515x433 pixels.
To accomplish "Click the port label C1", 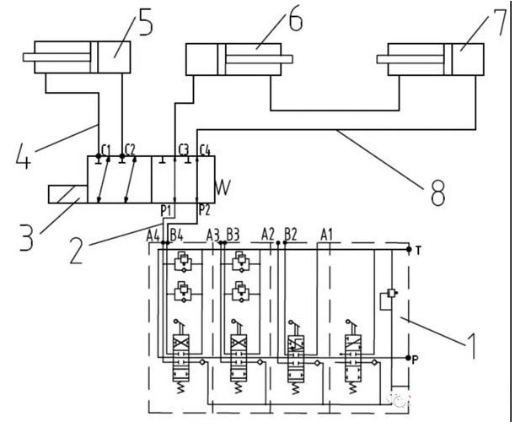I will pos(106,149).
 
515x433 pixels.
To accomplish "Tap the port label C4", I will pos(205,150).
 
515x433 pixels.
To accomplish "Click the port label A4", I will pos(153,234).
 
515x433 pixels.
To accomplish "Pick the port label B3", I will pos(233,234).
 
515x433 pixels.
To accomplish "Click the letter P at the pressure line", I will pos(420,358).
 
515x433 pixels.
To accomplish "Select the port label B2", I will pos(291,234).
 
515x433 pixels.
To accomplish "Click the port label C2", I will pos(130,149).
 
